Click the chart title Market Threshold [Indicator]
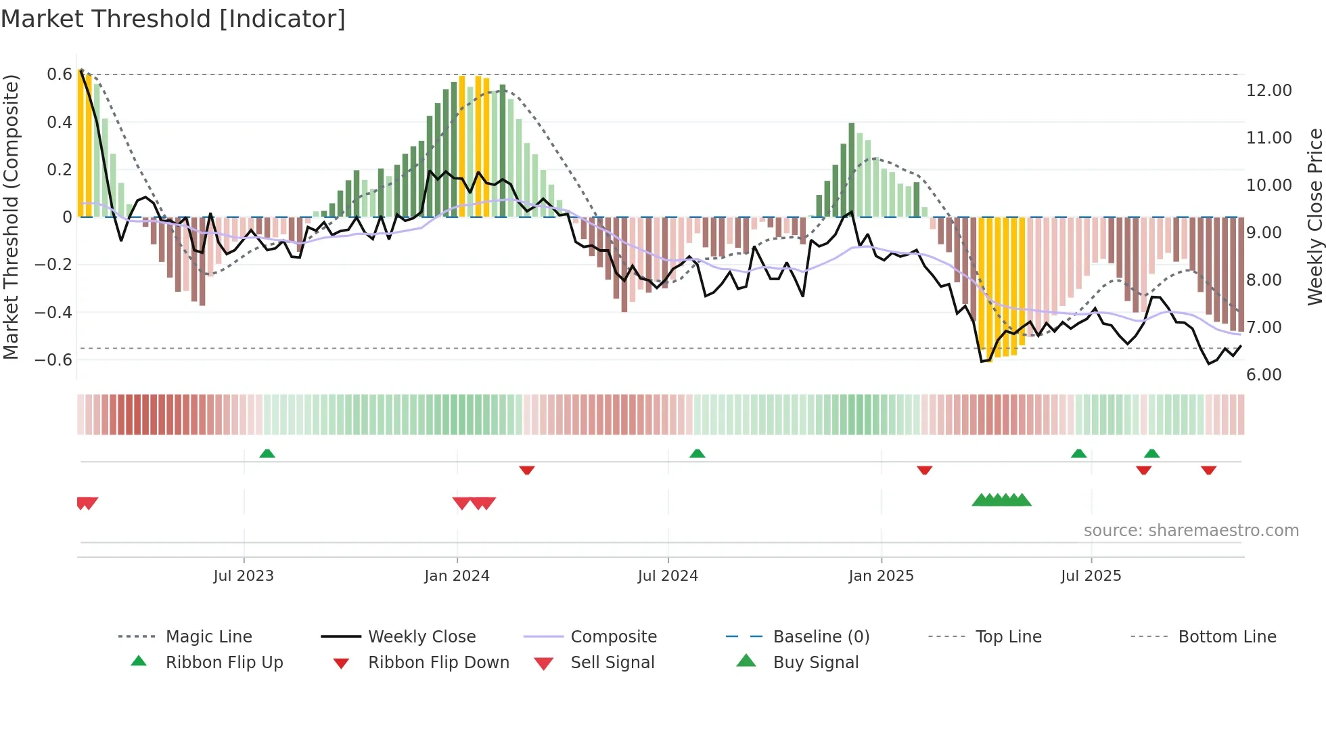[173, 19]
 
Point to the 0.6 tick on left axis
[60, 74]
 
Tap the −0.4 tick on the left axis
[53, 312]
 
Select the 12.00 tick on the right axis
[1268, 90]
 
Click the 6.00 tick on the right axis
[1264, 375]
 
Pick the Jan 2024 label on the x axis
[457, 576]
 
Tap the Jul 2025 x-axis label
[1091, 576]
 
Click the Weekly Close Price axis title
[1314, 217]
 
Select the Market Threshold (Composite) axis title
[11, 217]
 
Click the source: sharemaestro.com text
[1191, 531]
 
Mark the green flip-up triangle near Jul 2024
[697, 454]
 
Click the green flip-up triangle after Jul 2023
[267, 454]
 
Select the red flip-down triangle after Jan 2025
[924, 470]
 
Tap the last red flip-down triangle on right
[1208, 470]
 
